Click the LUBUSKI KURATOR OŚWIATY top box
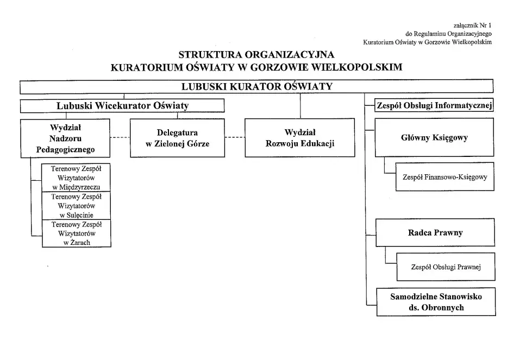click(256, 86)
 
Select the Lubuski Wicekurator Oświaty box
click(122, 105)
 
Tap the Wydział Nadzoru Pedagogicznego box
click(65, 138)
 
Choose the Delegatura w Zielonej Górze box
click(177, 138)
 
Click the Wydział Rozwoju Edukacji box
click(300, 138)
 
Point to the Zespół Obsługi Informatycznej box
click(434, 105)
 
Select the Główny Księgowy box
click(434, 137)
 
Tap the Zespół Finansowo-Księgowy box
click(445, 176)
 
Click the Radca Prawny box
click(435, 232)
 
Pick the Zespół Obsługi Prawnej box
click(446, 267)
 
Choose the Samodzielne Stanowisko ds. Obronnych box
click(436, 302)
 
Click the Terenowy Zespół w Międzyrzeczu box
click(76, 178)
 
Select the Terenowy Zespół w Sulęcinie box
click(76, 206)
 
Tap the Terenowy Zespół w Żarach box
click(76, 233)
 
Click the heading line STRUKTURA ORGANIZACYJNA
click(256, 55)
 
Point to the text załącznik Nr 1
click(472, 25)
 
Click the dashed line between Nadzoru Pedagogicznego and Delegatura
click(120, 137)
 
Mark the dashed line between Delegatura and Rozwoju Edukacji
click(235, 137)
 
